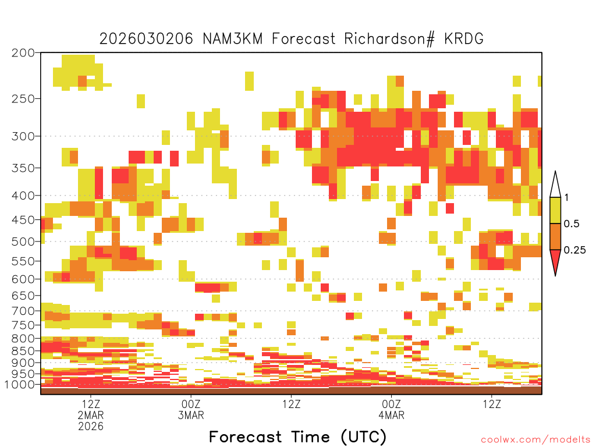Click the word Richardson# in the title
click(389, 39)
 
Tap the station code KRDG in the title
click(464, 39)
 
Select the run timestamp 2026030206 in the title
click(146, 39)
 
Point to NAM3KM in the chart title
click(233, 39)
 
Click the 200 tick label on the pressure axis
click(23, 53)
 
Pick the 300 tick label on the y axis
click(23, 136)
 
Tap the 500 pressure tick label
click(23, 242)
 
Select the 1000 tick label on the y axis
click(19, 384)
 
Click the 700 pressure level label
click(23, 311)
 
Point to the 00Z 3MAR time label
click(191, 409)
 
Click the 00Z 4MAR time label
click(392, 409)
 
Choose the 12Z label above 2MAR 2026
click(90, 404)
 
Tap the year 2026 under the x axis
click(90, 427)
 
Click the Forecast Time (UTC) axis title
click(297, 437)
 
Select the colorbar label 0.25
click(574, 250)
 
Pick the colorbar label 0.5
click(572, 223)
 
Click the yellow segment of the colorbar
click(555, 210)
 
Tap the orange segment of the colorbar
click(555, 236)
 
